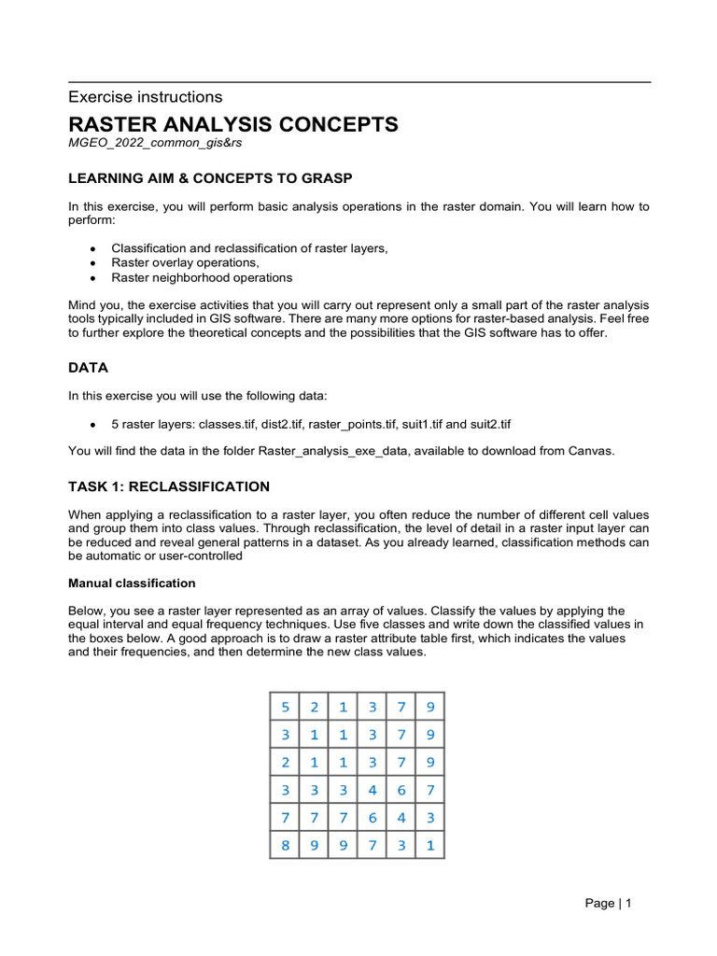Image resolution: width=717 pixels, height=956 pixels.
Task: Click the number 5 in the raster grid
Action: (x=285, y=707)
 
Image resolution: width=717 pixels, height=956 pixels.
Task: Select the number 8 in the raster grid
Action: (x=285, y=847)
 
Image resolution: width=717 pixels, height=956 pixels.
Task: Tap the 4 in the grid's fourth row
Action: (x=373, y=791)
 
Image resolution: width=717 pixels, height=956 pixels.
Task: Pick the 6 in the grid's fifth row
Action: (x=373, y=819)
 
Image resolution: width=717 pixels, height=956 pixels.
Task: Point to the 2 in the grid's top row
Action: (x=314, y=707)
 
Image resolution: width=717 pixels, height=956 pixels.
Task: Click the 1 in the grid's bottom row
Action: (x=430, y=847)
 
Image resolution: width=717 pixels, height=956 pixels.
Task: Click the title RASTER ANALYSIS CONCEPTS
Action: (x=233, y=124)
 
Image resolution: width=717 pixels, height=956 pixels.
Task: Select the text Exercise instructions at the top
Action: (x=146, y=97)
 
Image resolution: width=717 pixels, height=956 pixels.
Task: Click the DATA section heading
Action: (x=90, y=368)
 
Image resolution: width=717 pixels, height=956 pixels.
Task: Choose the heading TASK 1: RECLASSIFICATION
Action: (x=169, y=486)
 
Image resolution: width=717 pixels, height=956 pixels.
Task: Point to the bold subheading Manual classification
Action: (x=132, y=583)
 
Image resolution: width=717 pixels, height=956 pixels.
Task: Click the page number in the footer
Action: (x=609, y=903)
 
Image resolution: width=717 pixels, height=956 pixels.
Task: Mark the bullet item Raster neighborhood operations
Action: (x=202, y=278)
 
